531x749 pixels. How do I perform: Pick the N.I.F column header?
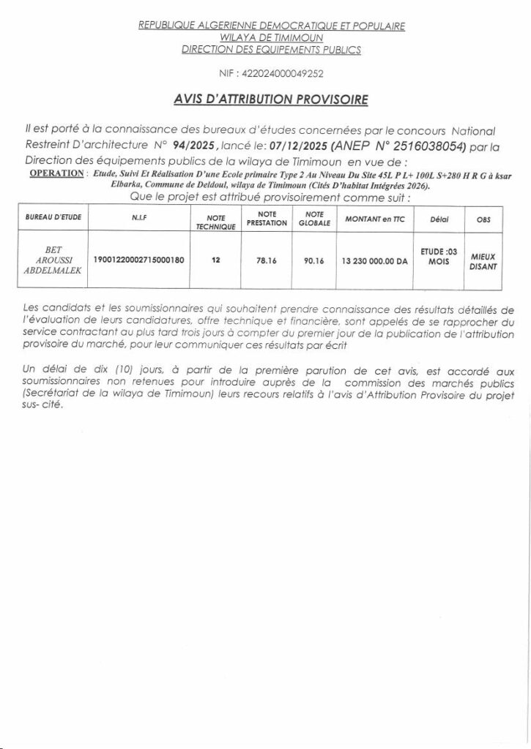pos(138,218)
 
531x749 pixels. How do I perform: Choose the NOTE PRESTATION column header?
pos(266,217)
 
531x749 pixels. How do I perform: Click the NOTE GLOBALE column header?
pos(315,217)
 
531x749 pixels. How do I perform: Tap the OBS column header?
pos(483,218)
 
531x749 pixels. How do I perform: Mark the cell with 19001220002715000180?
pos(138,260)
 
